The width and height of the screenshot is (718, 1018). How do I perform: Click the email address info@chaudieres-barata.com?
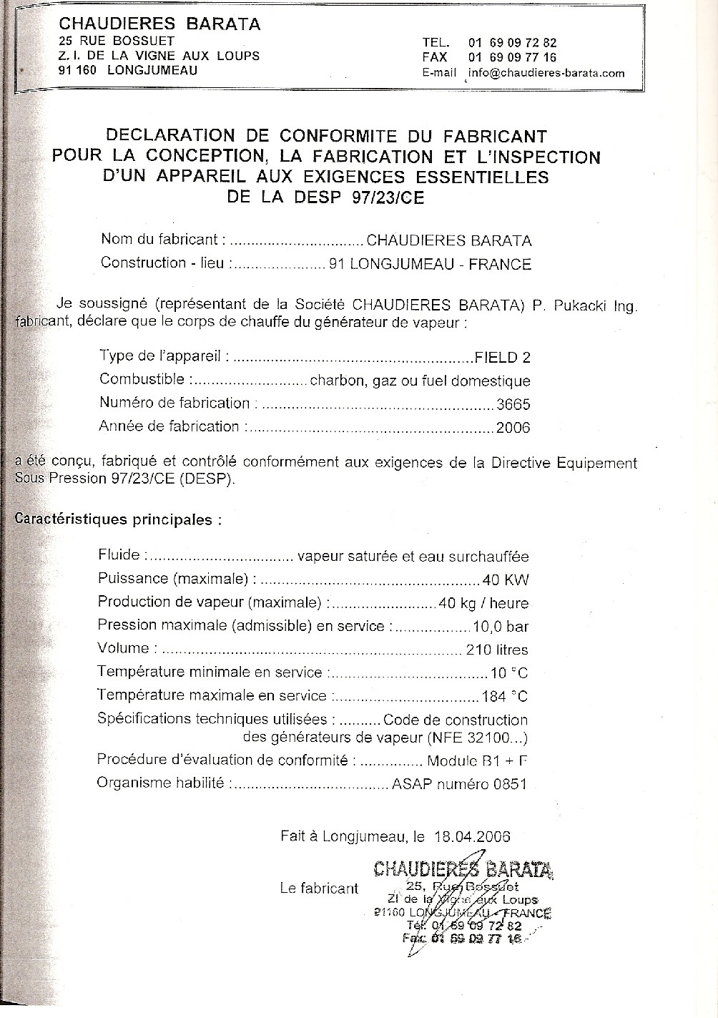tap(546, 73)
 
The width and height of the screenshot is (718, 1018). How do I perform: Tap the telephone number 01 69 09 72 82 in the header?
tap(512, 43)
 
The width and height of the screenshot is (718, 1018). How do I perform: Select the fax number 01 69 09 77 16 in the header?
tap(512, 58)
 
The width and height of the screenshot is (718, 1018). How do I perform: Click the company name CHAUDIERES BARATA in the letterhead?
tap(159, 24)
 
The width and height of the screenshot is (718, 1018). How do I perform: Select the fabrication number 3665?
tap(513, 404)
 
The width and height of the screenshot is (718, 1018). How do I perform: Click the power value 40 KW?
tap(506, 580)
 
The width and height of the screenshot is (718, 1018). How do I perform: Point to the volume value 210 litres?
tap(496, 650)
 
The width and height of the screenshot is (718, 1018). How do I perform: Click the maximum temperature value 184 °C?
tap(505, 696)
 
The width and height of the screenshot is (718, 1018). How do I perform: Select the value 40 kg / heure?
tap(484, 604)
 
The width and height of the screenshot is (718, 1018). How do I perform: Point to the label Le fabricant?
tap(319, 889)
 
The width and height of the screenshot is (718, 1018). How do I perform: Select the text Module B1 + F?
tap(477, 761)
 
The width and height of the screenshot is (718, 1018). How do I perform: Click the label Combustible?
tap(142, 379)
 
